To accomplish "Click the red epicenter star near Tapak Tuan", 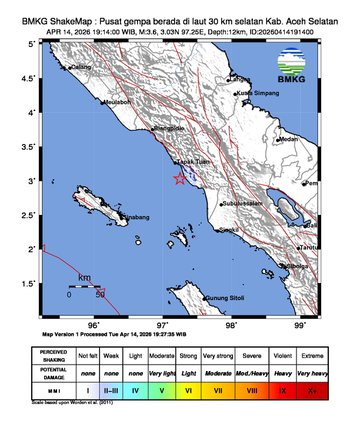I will pyautogui.click(x=180, y=178).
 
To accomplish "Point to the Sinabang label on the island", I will pyautogui.click(x=135, y=214).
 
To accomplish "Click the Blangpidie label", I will pyautogui.click(x=168, y=128).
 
